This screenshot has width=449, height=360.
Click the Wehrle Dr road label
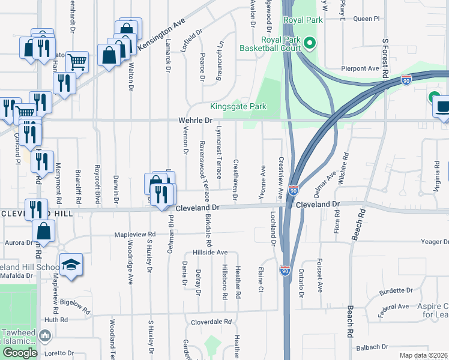[196, 121]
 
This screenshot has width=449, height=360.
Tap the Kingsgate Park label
[238, 107]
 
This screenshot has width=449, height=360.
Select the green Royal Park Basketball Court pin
[310, 43]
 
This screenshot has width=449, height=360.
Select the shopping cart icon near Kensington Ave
[77, 61]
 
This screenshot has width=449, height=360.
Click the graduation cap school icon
[71, 265]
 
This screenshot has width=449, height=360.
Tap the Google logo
[20, 353]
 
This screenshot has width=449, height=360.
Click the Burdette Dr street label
[396, 291]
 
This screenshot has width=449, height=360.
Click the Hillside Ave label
[210, 253]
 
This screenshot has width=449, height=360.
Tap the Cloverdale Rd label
[211, 322]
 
